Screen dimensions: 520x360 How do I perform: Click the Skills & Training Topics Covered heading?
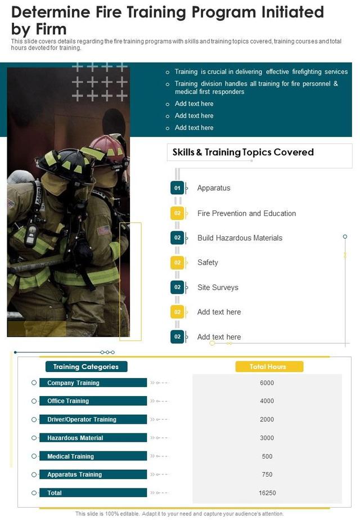(243, 152)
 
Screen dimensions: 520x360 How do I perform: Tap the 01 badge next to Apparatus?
(177, 188)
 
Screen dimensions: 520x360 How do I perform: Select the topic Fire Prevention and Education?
(246, 213)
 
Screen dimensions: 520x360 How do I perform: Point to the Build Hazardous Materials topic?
(240, 238)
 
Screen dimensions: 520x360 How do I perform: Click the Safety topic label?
(208, 262)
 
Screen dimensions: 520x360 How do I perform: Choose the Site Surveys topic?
(218, 287)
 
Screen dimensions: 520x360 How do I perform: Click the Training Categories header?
(86, 366)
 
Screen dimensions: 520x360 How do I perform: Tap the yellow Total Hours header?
(268, 366)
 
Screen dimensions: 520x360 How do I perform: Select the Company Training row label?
(73, 383)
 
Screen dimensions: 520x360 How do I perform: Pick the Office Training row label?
(68, 401)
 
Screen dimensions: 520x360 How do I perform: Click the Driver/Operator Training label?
(82, 419)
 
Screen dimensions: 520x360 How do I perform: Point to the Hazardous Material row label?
(75, 438)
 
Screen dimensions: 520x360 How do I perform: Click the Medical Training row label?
(70, 456)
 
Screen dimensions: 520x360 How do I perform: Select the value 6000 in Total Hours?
(267, 383)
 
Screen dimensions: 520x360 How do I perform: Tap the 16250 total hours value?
(267, 493)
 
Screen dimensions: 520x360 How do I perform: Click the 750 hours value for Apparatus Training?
(267, 474)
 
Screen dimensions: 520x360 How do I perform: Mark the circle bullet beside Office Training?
(34, 401)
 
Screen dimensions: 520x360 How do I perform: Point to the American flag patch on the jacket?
(103, 230)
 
